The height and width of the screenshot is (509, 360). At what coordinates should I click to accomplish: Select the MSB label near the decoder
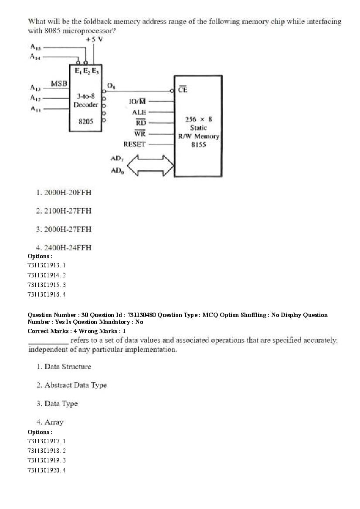coord(58,83)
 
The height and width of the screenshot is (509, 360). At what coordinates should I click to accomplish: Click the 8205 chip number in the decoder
coord(86,121)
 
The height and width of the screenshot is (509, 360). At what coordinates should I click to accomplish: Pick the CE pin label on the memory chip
coord(183,90)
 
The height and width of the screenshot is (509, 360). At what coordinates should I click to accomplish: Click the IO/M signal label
coord(138,102)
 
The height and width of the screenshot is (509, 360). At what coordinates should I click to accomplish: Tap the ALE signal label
coord(139,112)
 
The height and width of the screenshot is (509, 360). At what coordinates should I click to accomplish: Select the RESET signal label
coord(135,144)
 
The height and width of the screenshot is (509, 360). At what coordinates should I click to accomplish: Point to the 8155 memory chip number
coord(198,144)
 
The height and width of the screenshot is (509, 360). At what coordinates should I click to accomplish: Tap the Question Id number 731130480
coord(140,315)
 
